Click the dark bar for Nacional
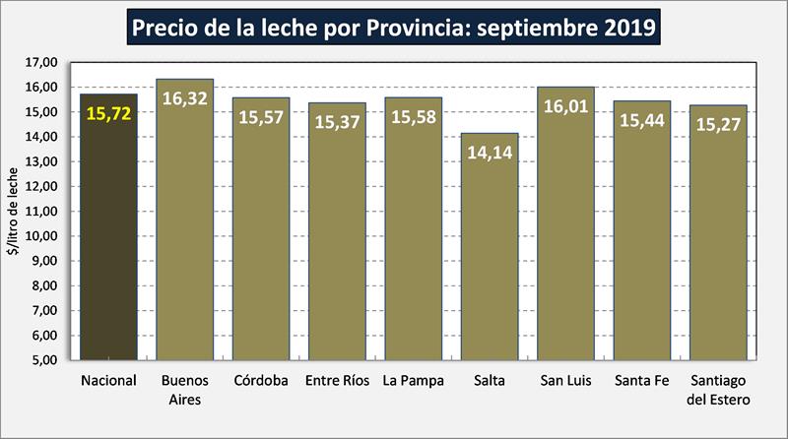tap(108, 236)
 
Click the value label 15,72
tap(108, 114)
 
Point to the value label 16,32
tap(184, 98)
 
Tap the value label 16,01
tap(565, 106)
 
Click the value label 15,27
tap(718, 125)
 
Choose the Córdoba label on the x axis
tap(261, 381)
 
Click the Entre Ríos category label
tap(337, 381)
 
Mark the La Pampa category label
tap(413, 381)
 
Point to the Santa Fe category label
tap(641, 381)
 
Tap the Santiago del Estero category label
tap(718, 390)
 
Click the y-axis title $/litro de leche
tap(13, 212)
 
